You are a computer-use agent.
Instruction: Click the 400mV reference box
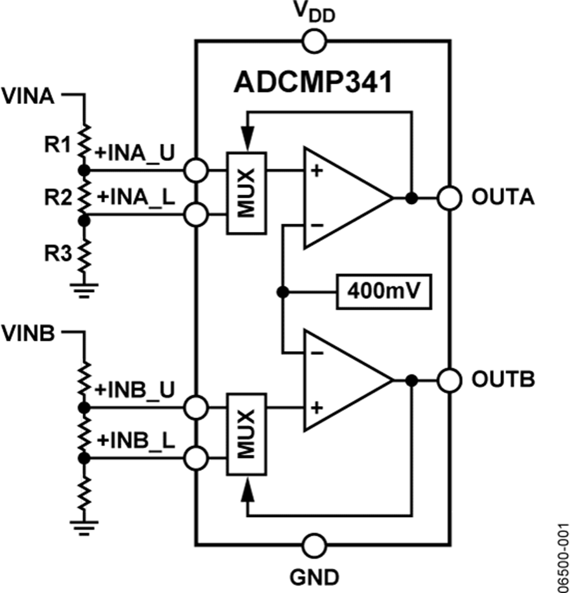click(384, 292)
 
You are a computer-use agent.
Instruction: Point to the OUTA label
click(502, 198)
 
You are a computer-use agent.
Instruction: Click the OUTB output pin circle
click(449, 380)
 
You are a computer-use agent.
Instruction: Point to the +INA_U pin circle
click(196, 170)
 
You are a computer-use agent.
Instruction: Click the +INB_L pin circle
click(196, 457)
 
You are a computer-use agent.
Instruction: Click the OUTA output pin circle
click(449, 198)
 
